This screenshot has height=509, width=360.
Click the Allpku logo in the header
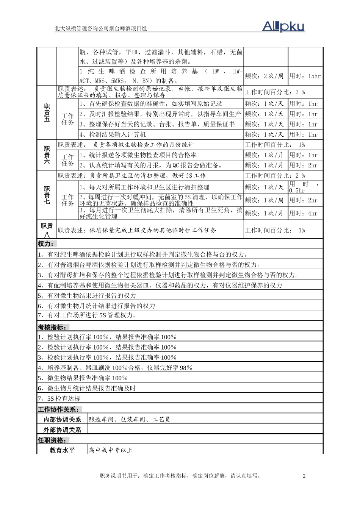[x=283, y=26]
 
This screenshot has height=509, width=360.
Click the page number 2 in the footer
[x=304, y=476]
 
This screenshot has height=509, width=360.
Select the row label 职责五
[x=47, y=113]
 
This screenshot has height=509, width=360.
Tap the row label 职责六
[x=47, y=155]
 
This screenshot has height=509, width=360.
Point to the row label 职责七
[x=47, y=195]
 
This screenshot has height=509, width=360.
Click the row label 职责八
[x=47, y=230]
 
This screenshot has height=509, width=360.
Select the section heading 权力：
[x=46, y=244]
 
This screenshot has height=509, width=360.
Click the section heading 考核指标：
[x=52, y=327]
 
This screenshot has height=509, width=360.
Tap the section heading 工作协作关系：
[x=59, y=409]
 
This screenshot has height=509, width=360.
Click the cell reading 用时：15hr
[x=305, y=76]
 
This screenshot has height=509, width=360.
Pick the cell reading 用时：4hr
[x=303, y=213]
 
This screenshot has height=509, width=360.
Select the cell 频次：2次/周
[x=264, y=76]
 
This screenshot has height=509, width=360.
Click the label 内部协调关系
[x=62, y=420]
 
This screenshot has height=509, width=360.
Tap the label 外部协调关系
[x=62, y=430]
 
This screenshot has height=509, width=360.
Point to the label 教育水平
[x=62, y=450]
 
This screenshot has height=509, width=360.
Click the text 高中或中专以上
[x=111, y=450]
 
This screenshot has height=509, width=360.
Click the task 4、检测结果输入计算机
[x=113, y=134]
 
